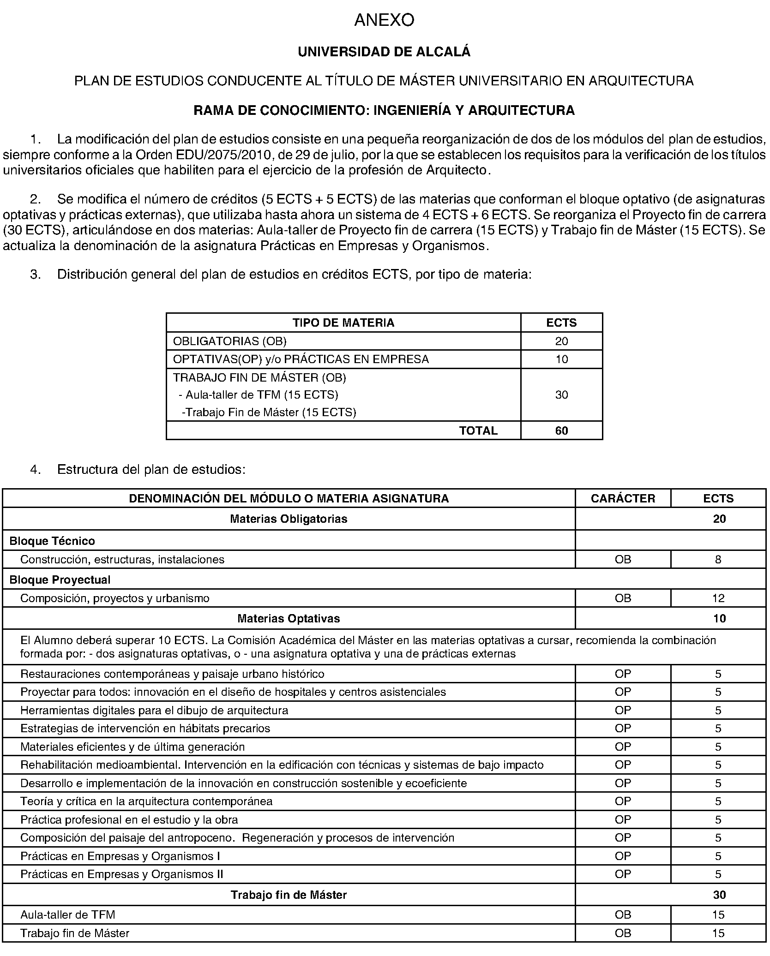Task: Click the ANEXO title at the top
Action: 384,20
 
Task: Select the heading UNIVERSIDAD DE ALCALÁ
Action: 384,52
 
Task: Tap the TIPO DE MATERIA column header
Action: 343,323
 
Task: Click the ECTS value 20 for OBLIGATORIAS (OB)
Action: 561,341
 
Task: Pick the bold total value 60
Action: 561,431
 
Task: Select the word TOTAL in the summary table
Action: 478,431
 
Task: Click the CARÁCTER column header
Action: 623,498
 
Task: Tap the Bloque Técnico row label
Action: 52,541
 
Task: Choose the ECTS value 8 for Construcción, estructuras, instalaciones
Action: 718,560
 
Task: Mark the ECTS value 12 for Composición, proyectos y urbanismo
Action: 718,598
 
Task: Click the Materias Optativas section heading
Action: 289,619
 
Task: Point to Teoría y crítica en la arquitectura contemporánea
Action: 146,801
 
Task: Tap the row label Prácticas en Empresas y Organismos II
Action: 122,874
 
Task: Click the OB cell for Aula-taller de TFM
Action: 623,915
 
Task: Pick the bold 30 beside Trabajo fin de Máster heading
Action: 719,895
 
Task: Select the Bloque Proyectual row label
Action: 60,580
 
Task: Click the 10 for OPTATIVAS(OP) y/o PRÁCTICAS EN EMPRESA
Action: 561,359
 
